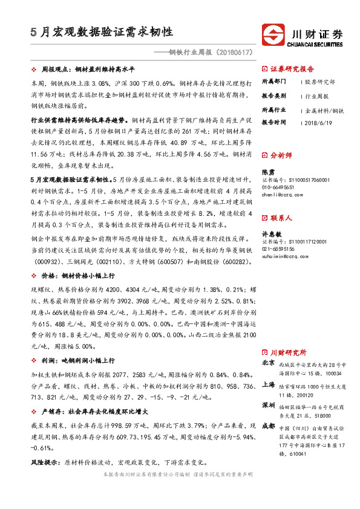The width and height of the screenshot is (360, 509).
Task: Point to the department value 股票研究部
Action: [321, 81]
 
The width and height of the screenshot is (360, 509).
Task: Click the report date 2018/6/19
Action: [319, 122]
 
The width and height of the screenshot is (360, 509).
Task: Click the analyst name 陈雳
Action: [267, 172]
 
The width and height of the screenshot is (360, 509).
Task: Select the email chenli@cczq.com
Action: [278, 195]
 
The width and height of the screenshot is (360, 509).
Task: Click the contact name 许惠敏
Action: [270, 234]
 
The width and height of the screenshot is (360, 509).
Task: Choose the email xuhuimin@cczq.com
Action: [281, 256]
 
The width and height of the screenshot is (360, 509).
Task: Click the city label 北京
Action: [268, 363]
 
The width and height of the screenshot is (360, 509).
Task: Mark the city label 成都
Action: [268, 426]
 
